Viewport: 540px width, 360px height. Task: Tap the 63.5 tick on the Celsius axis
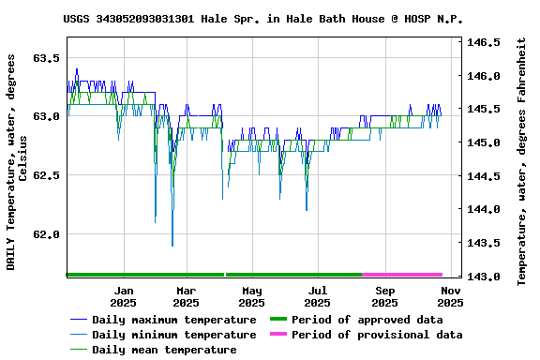click(46, 58)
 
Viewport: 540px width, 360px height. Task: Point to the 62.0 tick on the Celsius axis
click(46, 234)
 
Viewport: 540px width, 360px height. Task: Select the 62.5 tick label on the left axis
click(46, 175)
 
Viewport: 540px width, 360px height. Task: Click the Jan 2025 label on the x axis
click(123, 296)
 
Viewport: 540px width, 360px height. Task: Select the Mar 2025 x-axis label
click(187, 296)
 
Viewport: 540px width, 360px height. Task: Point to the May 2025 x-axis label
click(251, 296)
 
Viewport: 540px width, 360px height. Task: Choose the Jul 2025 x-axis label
click(317, 296)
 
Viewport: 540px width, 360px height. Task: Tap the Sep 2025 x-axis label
click(384, 296)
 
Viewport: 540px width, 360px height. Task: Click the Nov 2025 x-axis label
click(450, 296)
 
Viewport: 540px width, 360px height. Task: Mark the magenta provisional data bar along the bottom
click(401, 275)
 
